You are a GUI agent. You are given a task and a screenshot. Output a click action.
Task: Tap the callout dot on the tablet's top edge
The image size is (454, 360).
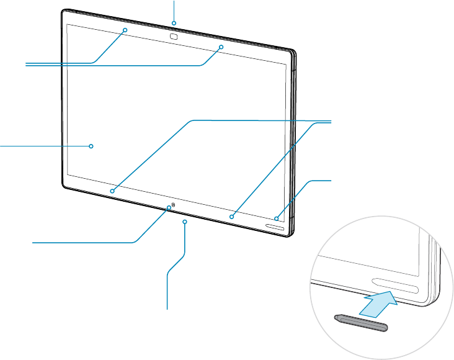[174, 24]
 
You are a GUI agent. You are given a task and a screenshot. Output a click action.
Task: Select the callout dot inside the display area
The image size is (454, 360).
[91, 146]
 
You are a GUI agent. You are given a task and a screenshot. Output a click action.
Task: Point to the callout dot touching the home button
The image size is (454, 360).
[168, 207]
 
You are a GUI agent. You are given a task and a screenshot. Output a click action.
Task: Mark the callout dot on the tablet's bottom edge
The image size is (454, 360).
[185, 220]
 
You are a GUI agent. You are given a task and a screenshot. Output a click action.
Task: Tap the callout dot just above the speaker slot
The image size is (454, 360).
[277, 218]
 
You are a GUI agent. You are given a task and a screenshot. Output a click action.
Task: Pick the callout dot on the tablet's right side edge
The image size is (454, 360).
[292, 146]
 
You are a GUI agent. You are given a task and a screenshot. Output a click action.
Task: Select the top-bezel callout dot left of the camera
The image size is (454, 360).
[125, 30]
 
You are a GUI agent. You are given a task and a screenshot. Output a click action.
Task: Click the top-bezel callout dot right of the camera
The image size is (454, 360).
[221, 47]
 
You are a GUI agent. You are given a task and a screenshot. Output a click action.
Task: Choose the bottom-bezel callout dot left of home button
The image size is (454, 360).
[112, 191]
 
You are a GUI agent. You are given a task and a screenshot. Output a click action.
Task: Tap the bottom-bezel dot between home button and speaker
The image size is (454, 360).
[231, 217]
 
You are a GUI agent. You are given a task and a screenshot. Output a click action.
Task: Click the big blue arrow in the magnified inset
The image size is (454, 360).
[379, 304]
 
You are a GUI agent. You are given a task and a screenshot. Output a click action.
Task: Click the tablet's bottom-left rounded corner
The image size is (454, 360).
[65, 185]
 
